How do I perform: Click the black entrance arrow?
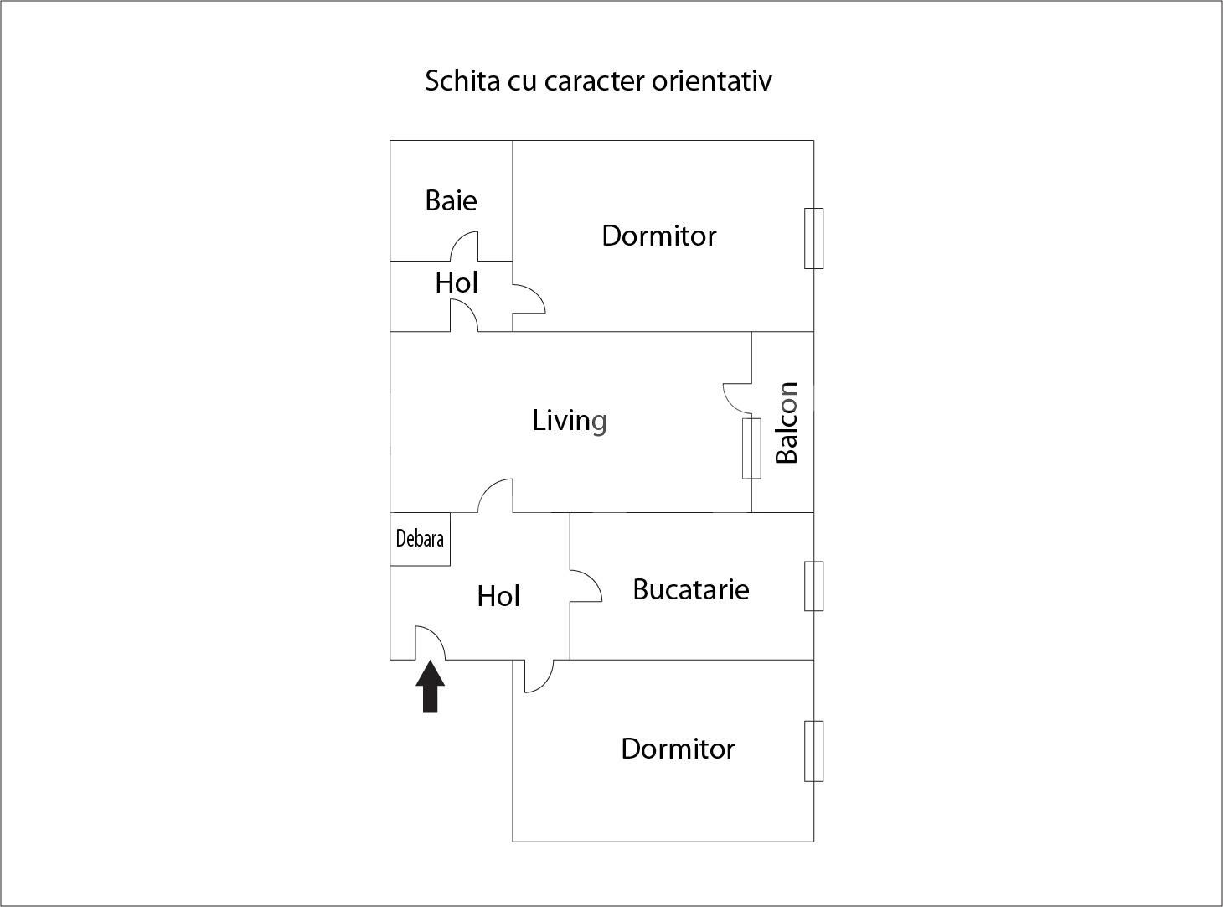pyautogui.click(x=431, y=687)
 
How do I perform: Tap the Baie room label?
pyautogui.click(x=451, y=200)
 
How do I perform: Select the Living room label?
pyautogui.click(x=570, y=420)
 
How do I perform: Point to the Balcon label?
pyautogui.click(x=787, y=422)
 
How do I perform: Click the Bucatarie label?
pyautogui.click(x=690, y=589)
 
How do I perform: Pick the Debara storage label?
pyautogui.click(x=420, y=538)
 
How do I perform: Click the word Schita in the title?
pyautogui.click(x=462, y=81)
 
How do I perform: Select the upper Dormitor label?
pyautogui.click(x=658, y=236)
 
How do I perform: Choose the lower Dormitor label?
pyautogui.click(x=678, y=749)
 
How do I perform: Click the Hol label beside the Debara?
pyautogui.click(x=498, y=596)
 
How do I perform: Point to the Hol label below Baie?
pyautogui.click(x=457, y=283)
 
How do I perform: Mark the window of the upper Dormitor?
pyautogui.click(x=813, y=238)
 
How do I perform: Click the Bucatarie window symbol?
pyautogui.click(x=813, y=586)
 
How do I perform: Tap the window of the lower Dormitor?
pyautogui.click(x=813, y=751)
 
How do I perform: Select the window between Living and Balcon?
pyautogui.click(x=751, y=448)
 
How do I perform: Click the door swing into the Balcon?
pyautogui.click(x=738, y=398)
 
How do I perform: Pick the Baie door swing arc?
pyautogui.click(x=465, y=245)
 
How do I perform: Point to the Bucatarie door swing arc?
pyautogui.click(x=586, y=585)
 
